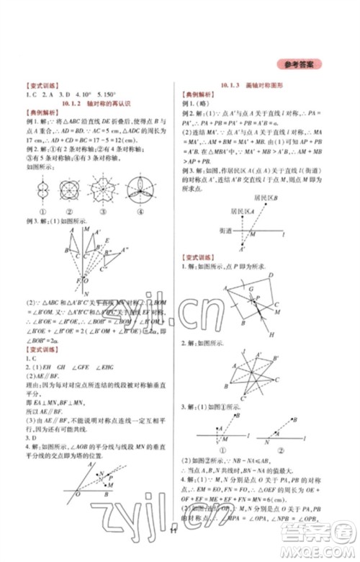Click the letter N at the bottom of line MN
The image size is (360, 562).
86,293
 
